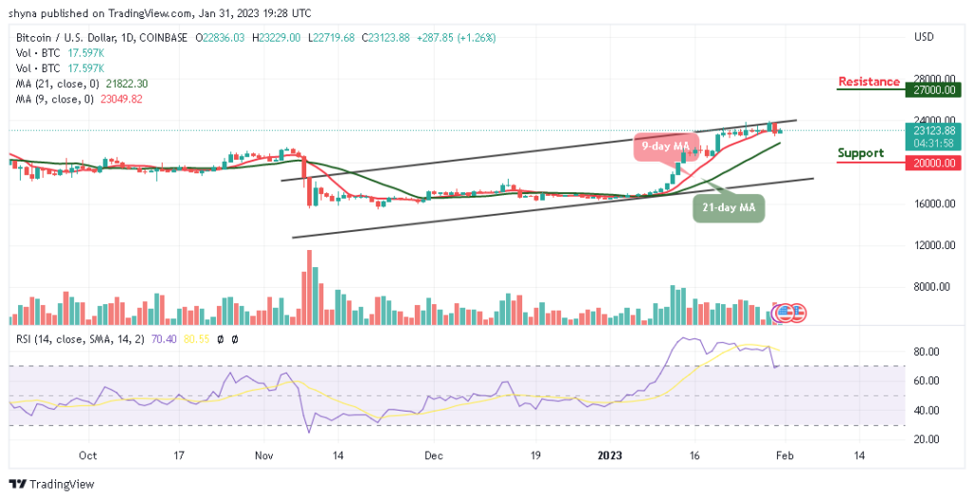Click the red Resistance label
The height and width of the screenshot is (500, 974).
(868, 82)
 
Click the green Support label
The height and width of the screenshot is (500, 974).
(860, 153)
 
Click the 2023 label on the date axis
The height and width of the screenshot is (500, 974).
(612, 456)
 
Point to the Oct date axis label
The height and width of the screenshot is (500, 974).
(87, 456)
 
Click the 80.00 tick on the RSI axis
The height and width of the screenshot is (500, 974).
(927, 352)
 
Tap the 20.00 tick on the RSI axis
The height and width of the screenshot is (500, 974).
(927, 439)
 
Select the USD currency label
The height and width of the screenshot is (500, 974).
(923, 37)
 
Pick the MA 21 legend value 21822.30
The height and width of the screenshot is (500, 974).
(128, 84)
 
